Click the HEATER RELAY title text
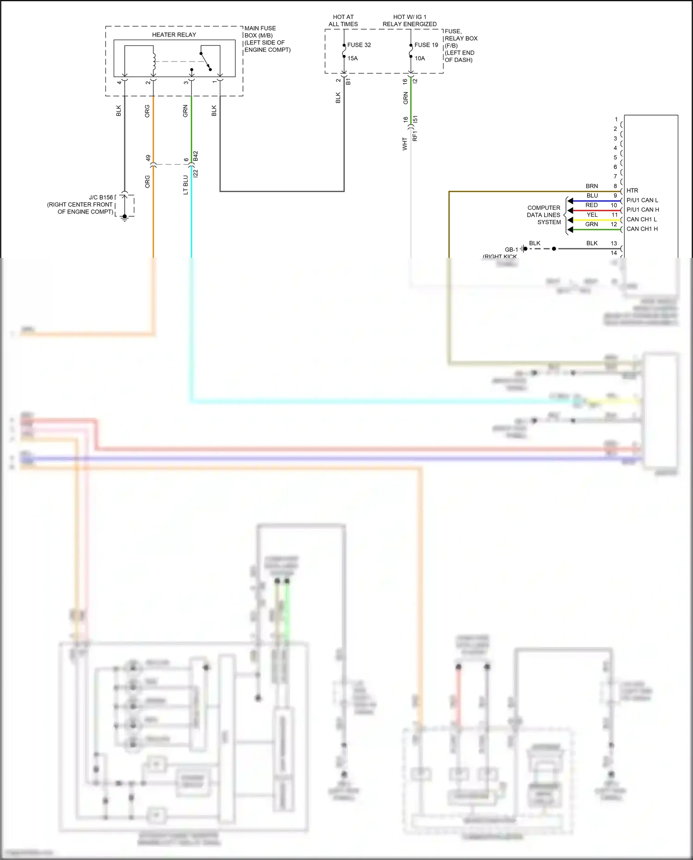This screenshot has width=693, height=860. tap(174, 35)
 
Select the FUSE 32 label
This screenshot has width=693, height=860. tap(359, 45)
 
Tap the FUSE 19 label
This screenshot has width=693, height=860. tap(426, 45)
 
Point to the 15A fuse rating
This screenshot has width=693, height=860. tap(353, 58)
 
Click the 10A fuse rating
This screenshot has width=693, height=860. tap(419, 58)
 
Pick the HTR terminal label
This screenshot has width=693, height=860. tap(632, 190)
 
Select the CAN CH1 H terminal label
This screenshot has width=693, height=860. tap(642, 229)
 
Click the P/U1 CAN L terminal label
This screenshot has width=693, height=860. tap(642, 200)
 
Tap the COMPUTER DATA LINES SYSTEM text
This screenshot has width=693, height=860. tap(544, 215)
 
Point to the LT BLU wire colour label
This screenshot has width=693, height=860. tap(186, 185)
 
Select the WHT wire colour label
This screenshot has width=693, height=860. tap(405, 144)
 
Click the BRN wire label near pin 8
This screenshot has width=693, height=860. tap(591, 186)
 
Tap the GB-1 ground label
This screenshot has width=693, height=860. tap(511, 250)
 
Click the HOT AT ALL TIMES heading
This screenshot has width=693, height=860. tap(343, 20)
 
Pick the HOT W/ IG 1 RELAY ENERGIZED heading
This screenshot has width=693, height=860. tap(409, 20)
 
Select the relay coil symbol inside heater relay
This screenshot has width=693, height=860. tap(154, 64)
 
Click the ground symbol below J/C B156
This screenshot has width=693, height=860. tap(124, 218)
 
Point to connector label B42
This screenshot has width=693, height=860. tap(196, 156)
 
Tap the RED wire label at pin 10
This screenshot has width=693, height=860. tap(591, 205)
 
